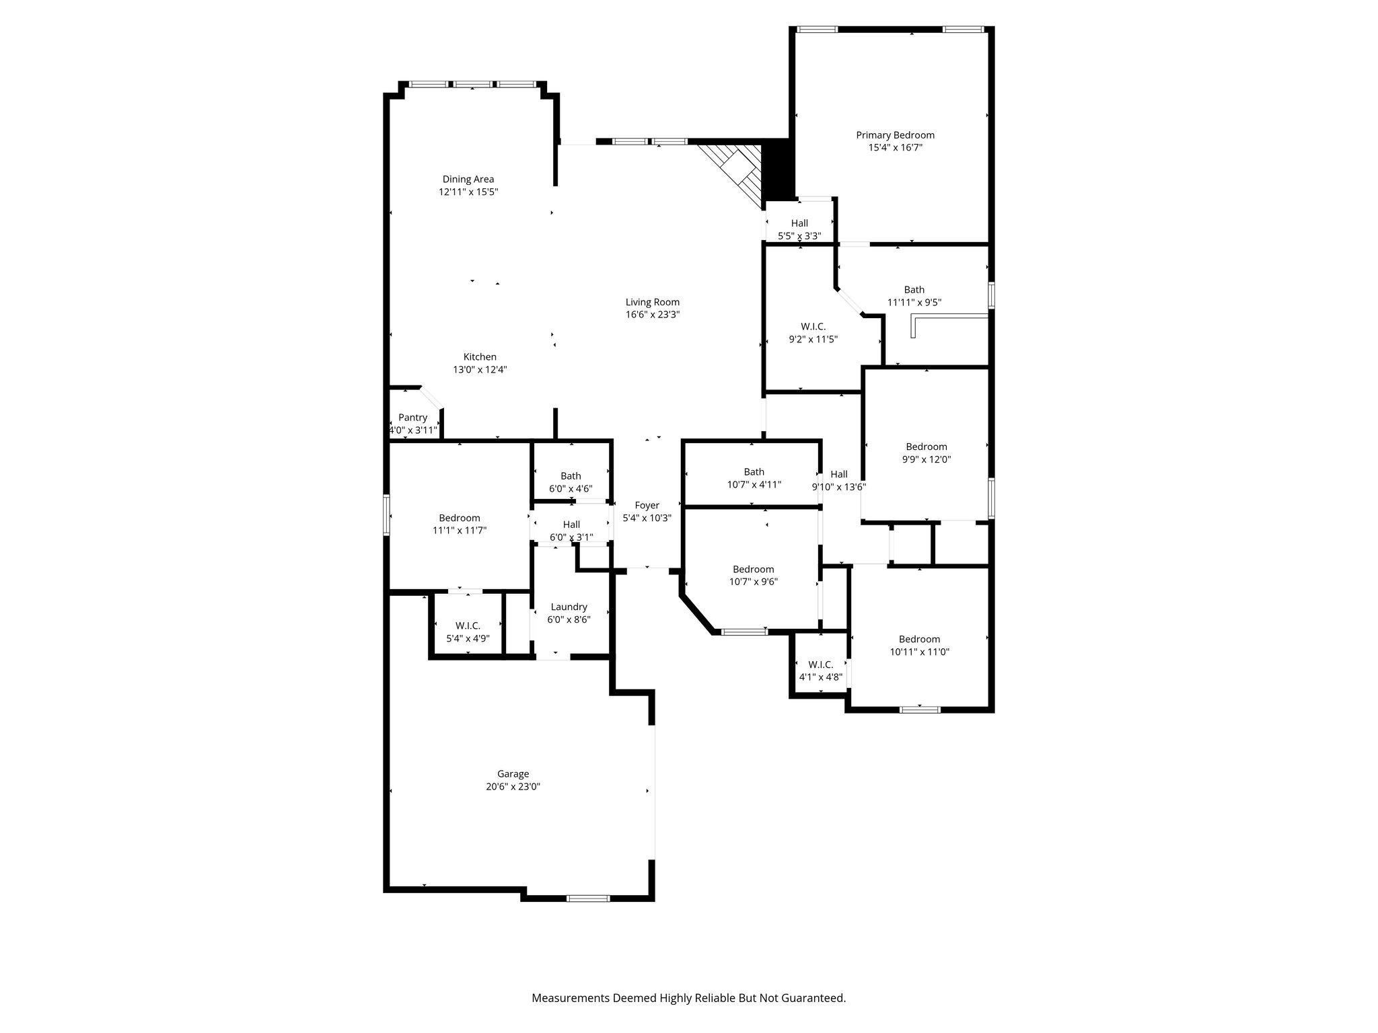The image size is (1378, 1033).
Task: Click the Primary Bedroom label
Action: click(895, 135)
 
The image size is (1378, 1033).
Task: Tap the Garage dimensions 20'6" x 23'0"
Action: click(513, 786)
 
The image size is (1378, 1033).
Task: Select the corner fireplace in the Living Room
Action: click(737, 171)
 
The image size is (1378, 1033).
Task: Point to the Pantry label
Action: click(412, 418)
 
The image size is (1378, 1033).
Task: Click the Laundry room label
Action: click(569, 607)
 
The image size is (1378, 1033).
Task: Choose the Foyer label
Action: click(647, 505)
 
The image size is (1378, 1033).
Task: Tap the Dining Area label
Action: click(468, 179)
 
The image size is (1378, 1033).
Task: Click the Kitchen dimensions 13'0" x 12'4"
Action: click(480, 369)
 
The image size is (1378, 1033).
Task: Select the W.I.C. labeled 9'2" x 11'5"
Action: click(813, 333)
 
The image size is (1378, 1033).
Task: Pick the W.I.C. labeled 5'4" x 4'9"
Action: click(468, 632)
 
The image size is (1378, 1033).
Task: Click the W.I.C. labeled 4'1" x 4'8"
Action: click(820, 671)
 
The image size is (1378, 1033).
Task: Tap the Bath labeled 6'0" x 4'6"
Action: click(571, 482)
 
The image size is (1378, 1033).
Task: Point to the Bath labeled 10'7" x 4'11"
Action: click(754, 478)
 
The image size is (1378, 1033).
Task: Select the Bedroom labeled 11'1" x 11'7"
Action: click(460, 524)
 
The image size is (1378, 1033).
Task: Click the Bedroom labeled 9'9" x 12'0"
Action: click(926, 453)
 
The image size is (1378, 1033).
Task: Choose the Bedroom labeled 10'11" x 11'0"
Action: click(919, 646)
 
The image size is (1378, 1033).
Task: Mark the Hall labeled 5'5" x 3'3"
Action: click(799, 229)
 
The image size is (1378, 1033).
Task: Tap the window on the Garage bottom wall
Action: click(588, 898)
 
